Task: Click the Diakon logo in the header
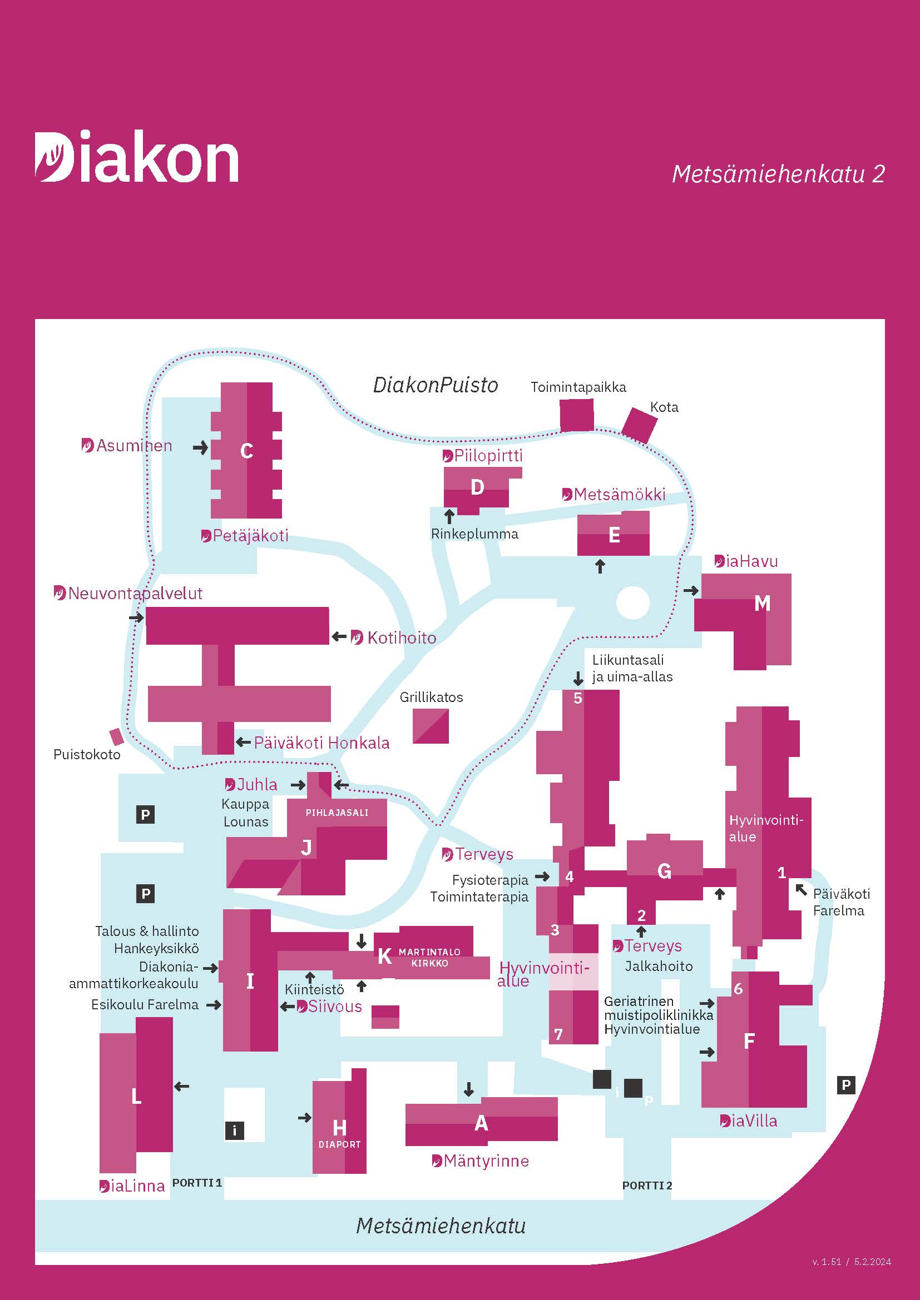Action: (136, 157)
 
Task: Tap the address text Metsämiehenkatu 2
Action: (778, 175)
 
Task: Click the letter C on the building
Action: (246, 451)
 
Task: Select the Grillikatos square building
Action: (431, 726)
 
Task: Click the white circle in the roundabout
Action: (632, 603)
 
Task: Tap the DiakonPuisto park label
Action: (435, 386)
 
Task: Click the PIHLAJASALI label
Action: (337, 813)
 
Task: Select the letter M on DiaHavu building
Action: (762, 604)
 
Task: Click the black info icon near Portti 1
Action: (235, 1130)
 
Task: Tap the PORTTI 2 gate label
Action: (647, 1186)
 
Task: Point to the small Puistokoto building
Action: (117, 737)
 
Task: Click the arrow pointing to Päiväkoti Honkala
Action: (244, 743)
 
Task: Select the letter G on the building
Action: (664, 871)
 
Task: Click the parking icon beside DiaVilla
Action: (846, 1085)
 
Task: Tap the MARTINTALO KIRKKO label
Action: (429, 958)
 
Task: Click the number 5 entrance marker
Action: (578, 698)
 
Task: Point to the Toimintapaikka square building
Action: (577, 415)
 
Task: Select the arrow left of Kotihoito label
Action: (339, 637)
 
